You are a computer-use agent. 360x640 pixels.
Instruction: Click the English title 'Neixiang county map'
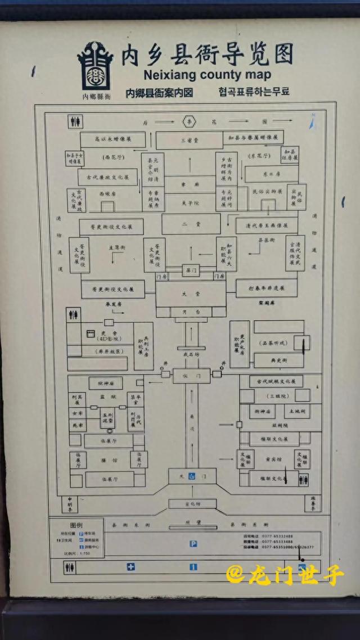point(208,74)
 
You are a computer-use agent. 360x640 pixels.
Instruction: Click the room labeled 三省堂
point(187,140)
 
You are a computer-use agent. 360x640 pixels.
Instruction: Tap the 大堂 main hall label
point(191,293)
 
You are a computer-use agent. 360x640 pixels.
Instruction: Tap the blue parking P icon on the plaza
point(193,543)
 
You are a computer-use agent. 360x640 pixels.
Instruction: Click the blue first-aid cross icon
point(131,566)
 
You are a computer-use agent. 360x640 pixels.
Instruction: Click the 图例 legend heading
point(76,525)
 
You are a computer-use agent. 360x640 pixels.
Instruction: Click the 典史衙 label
point(280,359)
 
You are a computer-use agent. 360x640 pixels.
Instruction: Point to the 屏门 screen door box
point(191,271)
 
